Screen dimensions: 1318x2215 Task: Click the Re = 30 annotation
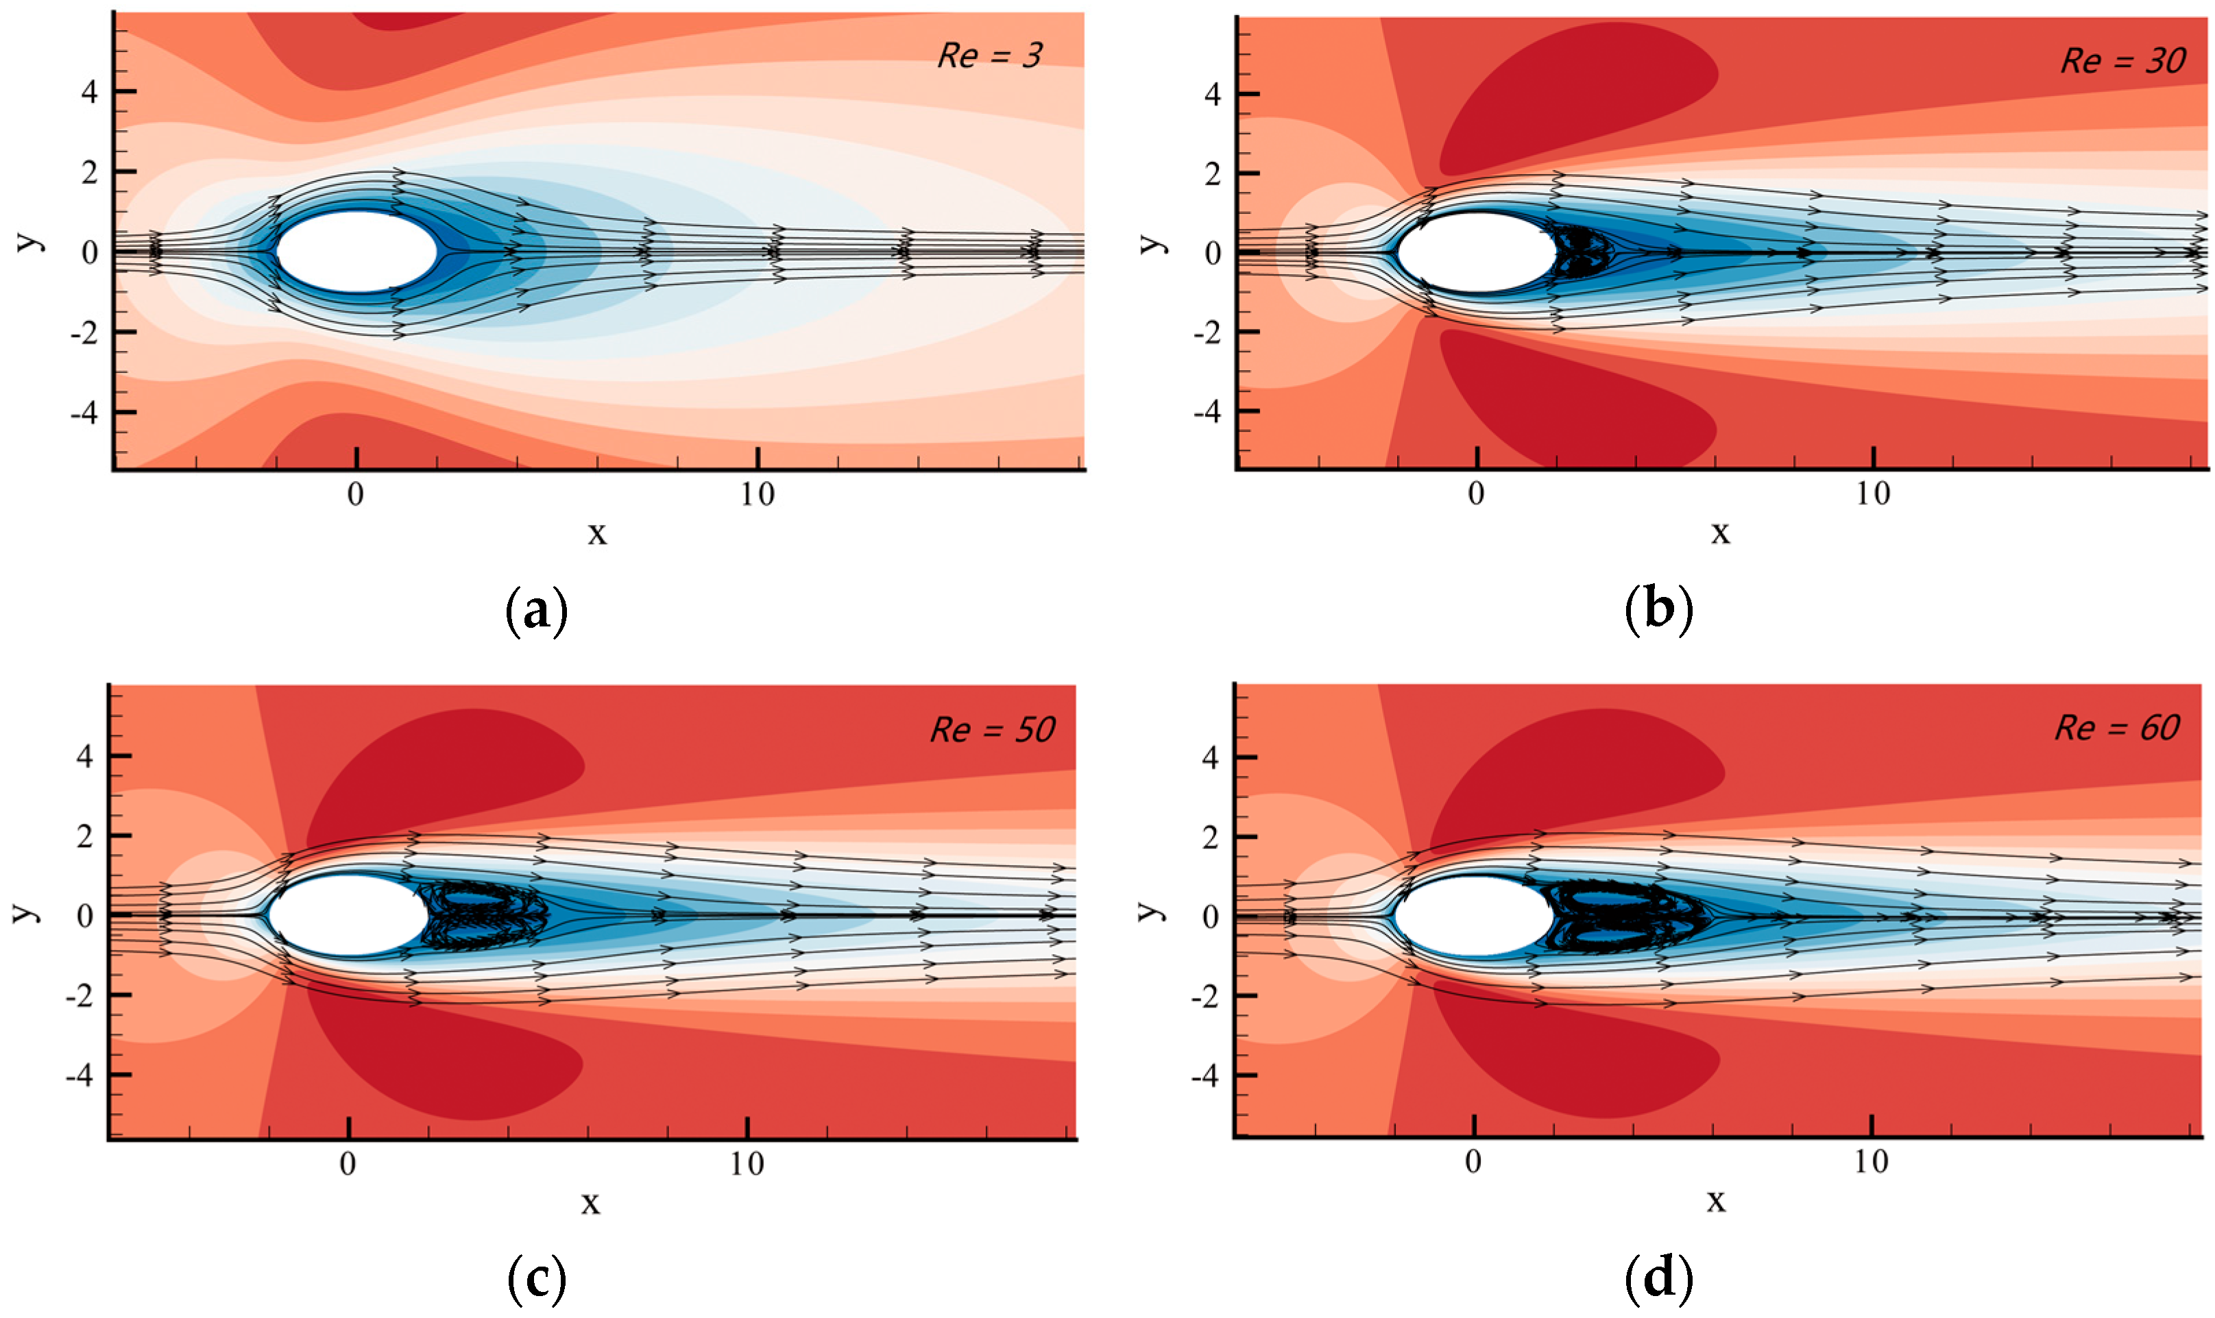(x=2122, y=61)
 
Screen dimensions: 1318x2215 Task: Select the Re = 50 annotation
(x=992, y=730)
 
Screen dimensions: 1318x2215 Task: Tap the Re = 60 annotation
(x=2117, y=729)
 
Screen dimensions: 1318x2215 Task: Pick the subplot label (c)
(x=535, y=1279)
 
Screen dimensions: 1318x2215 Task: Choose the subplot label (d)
(x=1658, y=1279)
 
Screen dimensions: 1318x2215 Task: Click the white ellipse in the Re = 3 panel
(x=357, y=252)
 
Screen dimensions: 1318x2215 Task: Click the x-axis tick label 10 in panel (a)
(x=758, y=495)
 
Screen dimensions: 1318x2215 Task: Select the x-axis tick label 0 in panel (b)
(x=1476, y=495)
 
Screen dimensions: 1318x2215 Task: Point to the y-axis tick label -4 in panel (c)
(x=80, y=1075)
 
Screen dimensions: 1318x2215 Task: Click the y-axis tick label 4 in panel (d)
(x=1209, y=757)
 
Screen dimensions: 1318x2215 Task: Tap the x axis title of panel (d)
(x=1716, y=1201)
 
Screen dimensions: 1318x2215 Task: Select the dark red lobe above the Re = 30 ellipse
(x=1572, y=98)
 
